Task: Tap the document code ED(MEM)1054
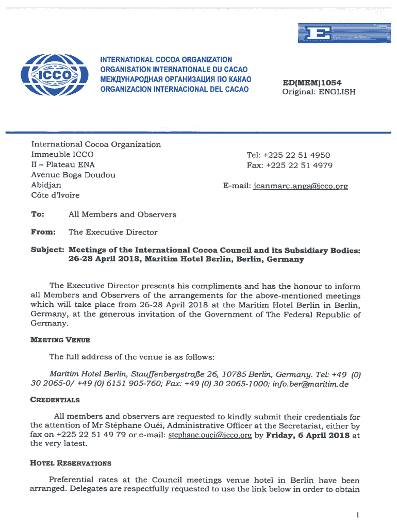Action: [312, 83]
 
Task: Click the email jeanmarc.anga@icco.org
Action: [301, 186]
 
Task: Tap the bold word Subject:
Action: [47, 250]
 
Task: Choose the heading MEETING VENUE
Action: [60, 340]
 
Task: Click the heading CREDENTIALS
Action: [55, 400]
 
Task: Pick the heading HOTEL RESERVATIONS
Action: [71, 463]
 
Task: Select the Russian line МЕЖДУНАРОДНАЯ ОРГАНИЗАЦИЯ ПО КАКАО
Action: [175, 79]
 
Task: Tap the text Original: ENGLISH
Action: [318, 92]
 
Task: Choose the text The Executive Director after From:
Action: [113, 232]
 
